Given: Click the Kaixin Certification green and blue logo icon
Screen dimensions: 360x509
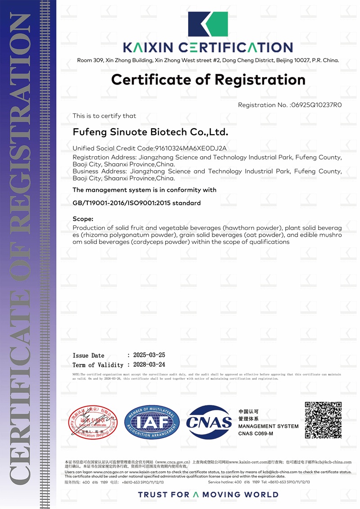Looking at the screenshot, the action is point(207,25).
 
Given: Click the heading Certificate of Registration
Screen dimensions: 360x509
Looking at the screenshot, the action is point(208,80).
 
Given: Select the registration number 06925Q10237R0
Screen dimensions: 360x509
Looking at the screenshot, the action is point(317,105).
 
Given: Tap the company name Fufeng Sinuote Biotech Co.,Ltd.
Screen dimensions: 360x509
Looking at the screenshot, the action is point(150,132).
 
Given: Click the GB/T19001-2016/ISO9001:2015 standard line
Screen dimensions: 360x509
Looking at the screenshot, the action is point(136,203).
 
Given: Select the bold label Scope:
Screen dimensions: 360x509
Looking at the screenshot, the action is point(83,219).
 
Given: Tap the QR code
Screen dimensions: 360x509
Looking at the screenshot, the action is point(323,420).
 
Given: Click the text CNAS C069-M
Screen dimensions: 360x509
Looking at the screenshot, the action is point(256,433).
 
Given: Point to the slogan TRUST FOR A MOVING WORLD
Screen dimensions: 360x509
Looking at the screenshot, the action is point(208,495).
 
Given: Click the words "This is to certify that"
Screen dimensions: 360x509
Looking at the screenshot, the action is point(104,116).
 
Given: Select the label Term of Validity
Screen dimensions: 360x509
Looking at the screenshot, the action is point(98,365).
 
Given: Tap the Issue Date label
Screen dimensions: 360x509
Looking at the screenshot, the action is point(88,356).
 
